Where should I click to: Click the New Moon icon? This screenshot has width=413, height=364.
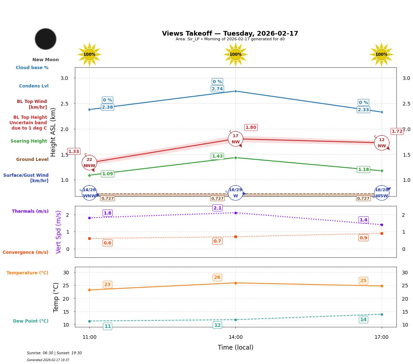(x=46, y=39)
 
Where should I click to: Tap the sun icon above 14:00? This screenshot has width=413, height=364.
(x=235, y=54)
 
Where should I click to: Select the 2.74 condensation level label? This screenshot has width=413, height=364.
(x=217, y=89)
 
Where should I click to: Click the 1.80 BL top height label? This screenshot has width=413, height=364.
(x=251, y=127)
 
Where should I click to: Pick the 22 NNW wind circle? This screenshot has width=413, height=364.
(x=89, y=163)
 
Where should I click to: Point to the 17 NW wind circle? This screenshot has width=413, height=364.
(x=235, y=139)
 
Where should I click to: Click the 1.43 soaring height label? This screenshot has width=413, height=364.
(x=217, y=156)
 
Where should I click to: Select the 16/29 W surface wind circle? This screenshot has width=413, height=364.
(x=235, y=193)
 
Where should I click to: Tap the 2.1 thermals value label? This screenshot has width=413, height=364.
(x=217, y=208)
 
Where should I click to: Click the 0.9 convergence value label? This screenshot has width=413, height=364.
(x=363, y=238)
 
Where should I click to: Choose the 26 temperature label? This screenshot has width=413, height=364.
(x=217, y=278)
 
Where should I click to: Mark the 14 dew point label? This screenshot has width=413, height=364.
(x=363, y=320)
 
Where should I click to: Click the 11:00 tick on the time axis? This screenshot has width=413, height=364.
(x=89, y=337)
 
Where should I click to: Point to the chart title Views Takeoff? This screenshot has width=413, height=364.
(x=230, y=33)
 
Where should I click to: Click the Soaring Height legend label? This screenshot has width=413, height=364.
(x=29, y=141)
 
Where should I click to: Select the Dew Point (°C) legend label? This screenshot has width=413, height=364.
(x=31, y=321)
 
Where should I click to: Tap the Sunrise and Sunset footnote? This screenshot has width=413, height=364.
(x=54, y=353)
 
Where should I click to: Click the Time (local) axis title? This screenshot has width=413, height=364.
(x=235, y=347)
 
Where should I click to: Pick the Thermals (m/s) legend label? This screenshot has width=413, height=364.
(x=30, y=211)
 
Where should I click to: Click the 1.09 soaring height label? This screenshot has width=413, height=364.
(x=107, y=174)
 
